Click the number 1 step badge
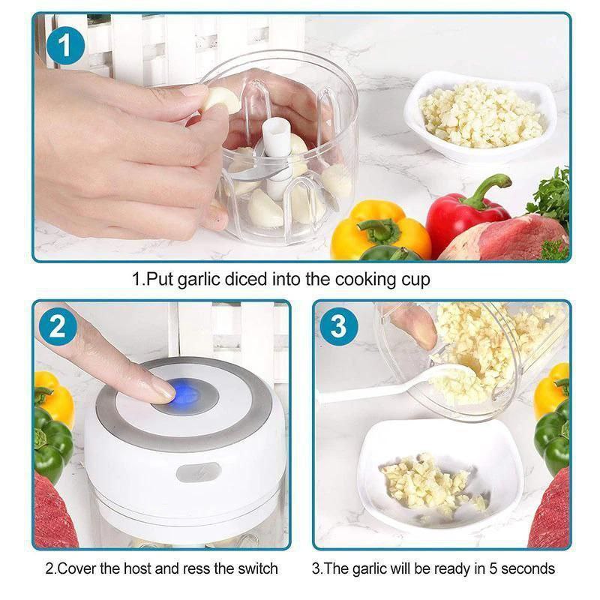pyautogui.click(x=65, y=46)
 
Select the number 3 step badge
pyautogui.click(x=339, y=326)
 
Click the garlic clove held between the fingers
pyautogui.click(x=223, y=100)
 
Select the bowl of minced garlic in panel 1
pyautogui.click(x=481, y=115)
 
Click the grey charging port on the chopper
pyautogui.click(x=199, y=472)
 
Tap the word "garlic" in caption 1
pyautogui.click(x=200, y=280)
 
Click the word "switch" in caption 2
pyautogui.click(x=257, y=568)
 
